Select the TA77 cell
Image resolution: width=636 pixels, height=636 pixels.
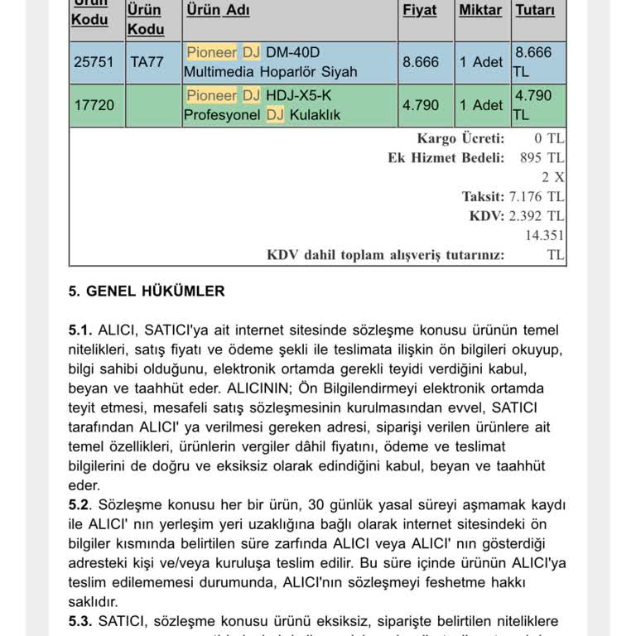click(x=147, y=62)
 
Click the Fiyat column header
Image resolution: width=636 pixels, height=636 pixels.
click(x=419, y=11)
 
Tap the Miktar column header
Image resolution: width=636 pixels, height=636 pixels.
click(x=480, y=11)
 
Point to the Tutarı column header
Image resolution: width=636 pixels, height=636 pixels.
click(x=535, y=11)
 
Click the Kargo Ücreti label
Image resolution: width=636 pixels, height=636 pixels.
click(x=460, y=138)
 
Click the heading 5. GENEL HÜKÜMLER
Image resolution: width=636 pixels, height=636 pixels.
click(x=146, y=291)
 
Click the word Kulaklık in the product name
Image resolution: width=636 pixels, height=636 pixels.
click(x=315, y=115)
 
